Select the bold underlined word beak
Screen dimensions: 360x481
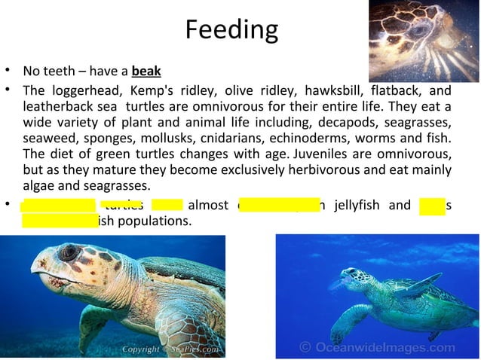(146, 73)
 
